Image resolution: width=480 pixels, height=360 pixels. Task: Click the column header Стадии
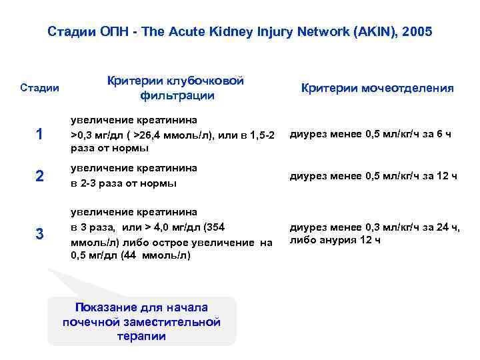pos(39,88)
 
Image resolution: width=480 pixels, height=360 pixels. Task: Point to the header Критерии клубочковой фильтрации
pos(176,88)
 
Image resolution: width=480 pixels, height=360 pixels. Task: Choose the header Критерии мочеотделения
pos(377,88)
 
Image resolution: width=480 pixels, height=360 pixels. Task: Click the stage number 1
pos(39,134)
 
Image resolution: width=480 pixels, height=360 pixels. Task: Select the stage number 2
pos(39,176)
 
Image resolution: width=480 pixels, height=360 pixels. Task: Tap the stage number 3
pos(39,234)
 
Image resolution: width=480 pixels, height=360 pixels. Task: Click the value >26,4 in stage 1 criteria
pos(150,135)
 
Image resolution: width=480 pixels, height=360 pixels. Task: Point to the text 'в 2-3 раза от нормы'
pos(124,183)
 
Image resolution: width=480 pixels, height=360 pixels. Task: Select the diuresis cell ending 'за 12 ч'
pos(372,176)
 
